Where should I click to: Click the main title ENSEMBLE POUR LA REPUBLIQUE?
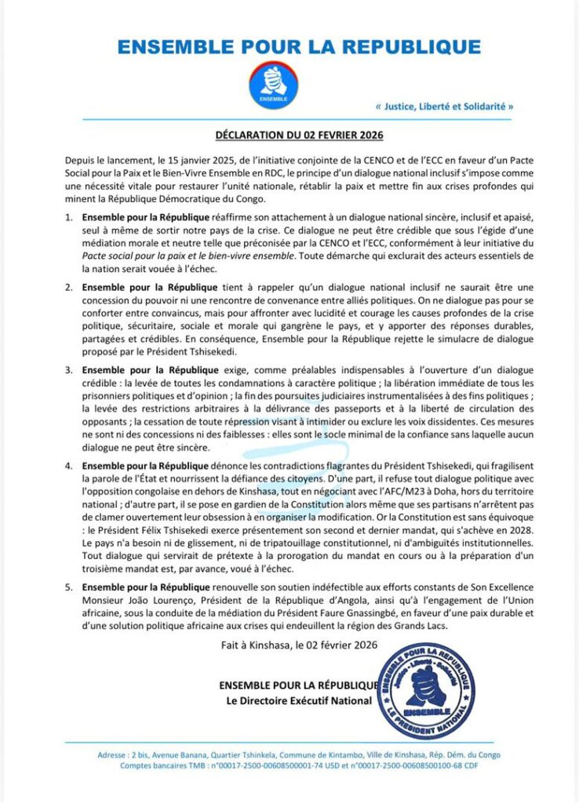(x=298, y=47)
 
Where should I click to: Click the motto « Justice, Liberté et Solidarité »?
(x=445, y=106)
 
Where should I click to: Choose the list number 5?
(x=68, y=587)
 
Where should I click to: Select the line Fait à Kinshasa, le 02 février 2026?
(x=300, y=645)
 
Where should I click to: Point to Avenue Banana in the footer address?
(x=180, y=755)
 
